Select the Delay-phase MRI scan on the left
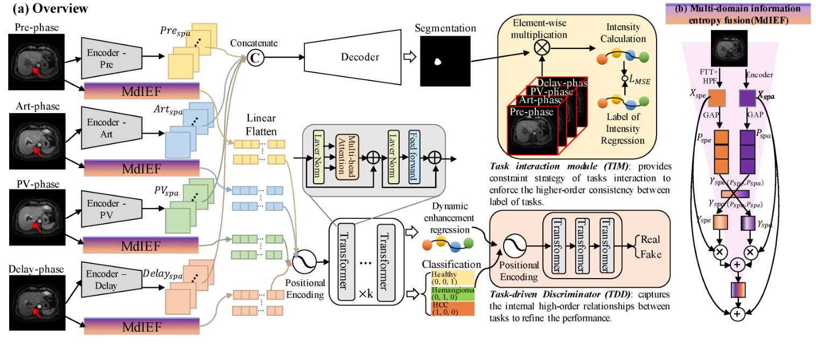36,302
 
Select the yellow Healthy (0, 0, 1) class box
452,278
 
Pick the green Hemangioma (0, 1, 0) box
452,293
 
